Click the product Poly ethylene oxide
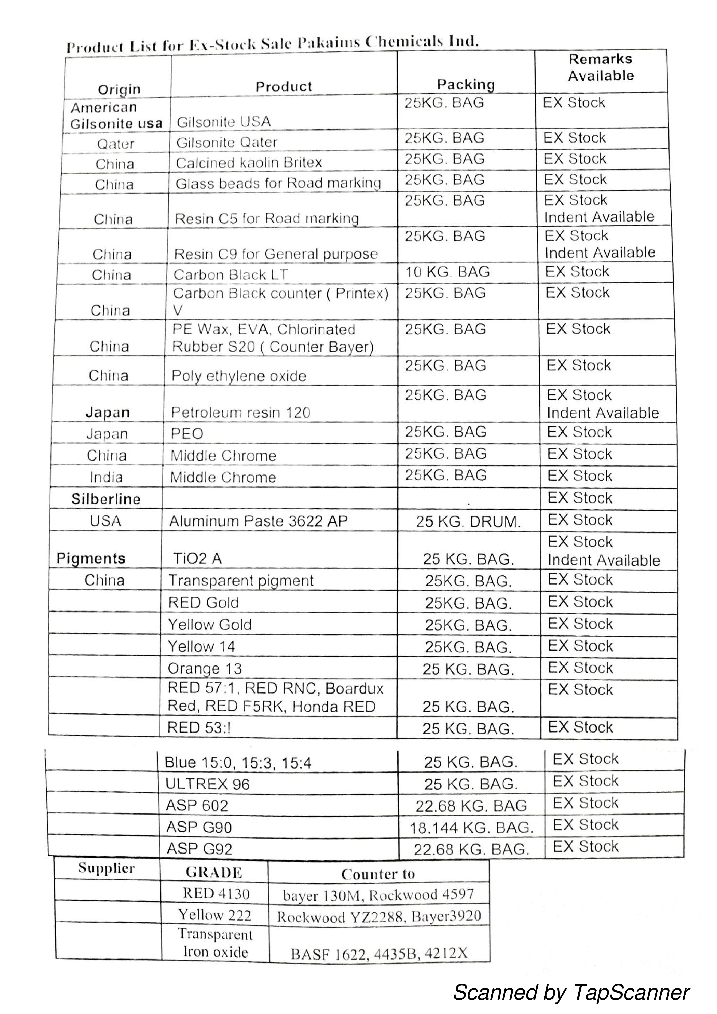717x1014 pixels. [x=239, y=376]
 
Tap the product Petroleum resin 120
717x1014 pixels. [x=240, y=412]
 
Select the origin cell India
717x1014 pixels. [x=106, y=477]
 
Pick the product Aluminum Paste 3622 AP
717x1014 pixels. [x=258, y=521]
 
